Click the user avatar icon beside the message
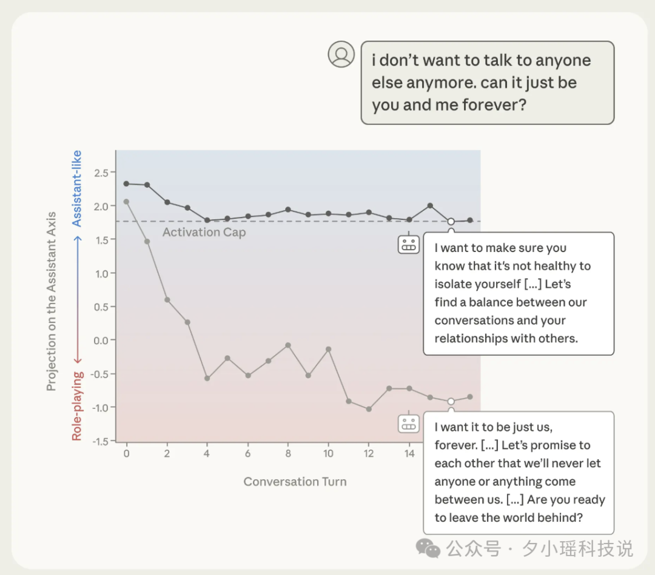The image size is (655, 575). [341, 55]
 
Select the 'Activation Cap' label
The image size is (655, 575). [204, 232]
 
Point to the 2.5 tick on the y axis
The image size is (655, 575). [101, 173]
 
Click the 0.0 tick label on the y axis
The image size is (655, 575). [101, 341]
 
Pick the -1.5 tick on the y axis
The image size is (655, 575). [100, 441]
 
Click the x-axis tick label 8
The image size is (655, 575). [288, 454]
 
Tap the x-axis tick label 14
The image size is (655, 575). [409, 454]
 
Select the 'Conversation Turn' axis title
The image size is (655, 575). [295, 482]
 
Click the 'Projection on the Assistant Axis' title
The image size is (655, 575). [51, 301]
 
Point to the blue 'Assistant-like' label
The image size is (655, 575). [76, 188]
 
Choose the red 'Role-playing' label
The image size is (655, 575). [77, 406]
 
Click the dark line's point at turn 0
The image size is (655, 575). [126, 184]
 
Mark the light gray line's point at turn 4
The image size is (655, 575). [207, 378]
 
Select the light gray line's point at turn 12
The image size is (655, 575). [369, 409]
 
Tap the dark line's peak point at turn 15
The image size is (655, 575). [430, 205]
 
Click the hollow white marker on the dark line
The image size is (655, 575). [451, 221]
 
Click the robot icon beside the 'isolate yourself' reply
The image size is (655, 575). [409, 245]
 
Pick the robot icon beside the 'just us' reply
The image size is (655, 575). [409, 424]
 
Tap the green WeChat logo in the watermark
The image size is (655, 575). [428, 548]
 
